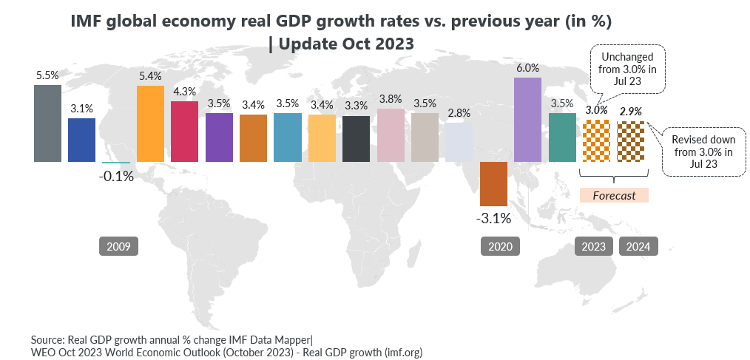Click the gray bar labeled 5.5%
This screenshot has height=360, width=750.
pos(48,123)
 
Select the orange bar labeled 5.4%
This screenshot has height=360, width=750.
pos(151,124)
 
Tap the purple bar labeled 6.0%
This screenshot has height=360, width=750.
pos(528,120)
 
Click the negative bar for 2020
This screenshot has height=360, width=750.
pos(493,183)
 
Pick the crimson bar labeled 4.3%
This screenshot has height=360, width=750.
pos(185,132)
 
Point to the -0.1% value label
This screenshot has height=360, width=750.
pos(116,177)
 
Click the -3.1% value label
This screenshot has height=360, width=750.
pos(493,219)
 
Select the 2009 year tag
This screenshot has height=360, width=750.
pos(118,246)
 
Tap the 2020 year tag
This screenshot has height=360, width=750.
pos(500,246)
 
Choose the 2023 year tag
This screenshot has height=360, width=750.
pos(594,246)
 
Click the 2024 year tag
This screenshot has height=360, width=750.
pos(638,246)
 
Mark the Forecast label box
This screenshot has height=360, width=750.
pos(614,196)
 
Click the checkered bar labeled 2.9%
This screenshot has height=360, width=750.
pos(631,141)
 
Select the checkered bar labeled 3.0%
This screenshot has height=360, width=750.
pos(596,140)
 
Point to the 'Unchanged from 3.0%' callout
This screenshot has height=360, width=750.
pos(628,69)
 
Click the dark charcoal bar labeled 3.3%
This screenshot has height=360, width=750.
pos(357,139)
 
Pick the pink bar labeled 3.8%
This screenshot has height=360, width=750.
pos(391,135)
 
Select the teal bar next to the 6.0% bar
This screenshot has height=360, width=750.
pos(562,137)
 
